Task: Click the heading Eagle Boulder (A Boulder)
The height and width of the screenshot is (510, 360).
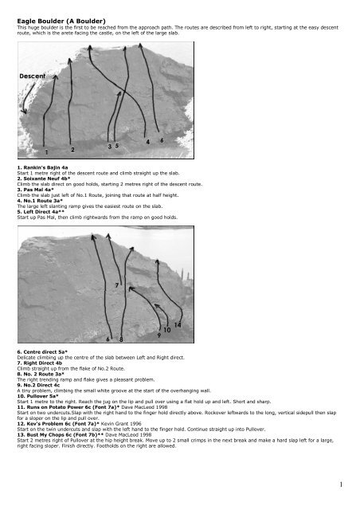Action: pyautogui.click(x=61, y=22)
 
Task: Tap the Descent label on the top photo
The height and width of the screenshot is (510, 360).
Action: pyautogui.click(x=32, y=76)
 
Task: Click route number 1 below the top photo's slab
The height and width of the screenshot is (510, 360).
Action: pyautogui.click(x=46, y=152)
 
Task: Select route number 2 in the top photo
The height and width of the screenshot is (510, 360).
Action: pyautogui.click(x=72, y=150)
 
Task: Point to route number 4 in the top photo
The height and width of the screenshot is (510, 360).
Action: pyautogui.click(x=147, y=142)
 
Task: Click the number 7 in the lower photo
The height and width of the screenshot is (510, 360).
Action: pyautogui.click(x=117, y=285)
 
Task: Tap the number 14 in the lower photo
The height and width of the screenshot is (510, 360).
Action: pyautogui.click(x=178, y=324)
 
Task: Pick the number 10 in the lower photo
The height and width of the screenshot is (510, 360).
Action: pyautogui.click(x=166, y=330)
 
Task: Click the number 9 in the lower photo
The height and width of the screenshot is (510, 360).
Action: pyautogui.click(x=159, y=335)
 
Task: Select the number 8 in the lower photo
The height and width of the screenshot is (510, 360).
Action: pyautogui.click(x=121, y=339)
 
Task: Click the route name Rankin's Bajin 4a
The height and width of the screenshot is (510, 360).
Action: pyautogui.click(x=42, y=168)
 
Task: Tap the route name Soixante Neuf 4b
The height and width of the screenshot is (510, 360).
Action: pyautogui.click(x=44, y=178)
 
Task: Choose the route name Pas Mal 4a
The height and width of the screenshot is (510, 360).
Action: pyautogui.click(x=36, y=190)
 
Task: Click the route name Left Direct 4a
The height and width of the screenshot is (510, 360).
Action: pyautogui.click(x=41, y=212)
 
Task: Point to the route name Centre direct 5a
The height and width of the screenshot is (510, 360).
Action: pyautogui.click(x=42, y=352)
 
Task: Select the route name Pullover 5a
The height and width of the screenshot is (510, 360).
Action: pyautogui.click(x=37, y=396)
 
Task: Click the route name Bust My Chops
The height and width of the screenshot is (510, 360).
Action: pyautogui.click(x=45, y=435)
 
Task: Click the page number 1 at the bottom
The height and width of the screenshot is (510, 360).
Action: pyautogui.click(x=341, y=484)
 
